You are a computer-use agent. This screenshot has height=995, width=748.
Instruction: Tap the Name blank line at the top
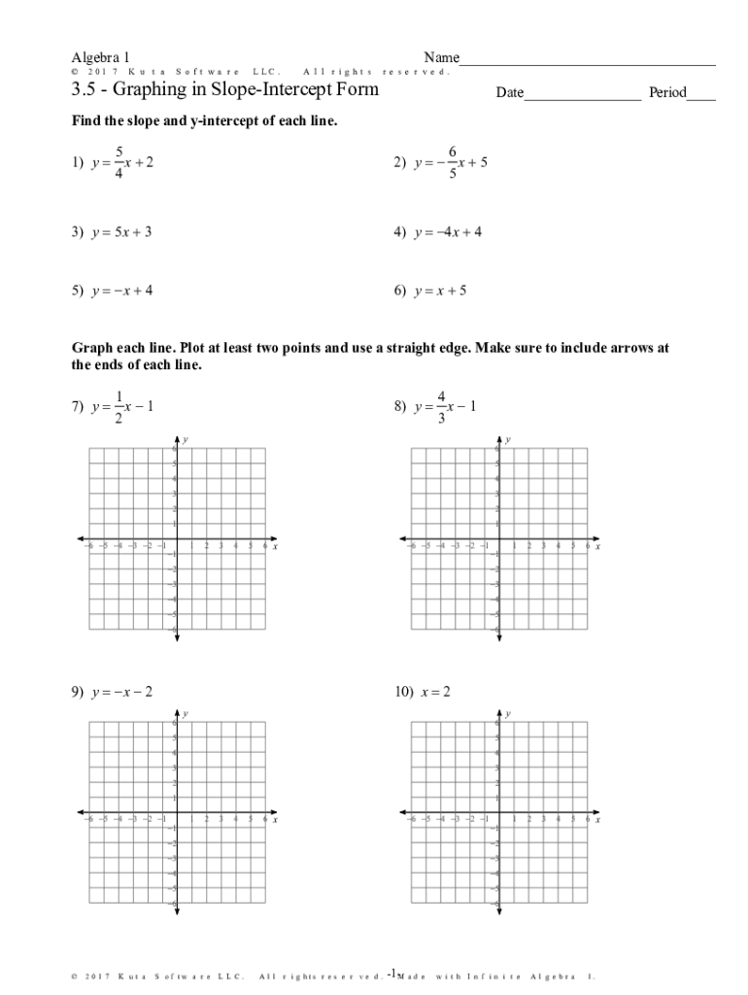click(587, 62)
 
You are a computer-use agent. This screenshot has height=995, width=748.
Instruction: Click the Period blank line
click(700, 97)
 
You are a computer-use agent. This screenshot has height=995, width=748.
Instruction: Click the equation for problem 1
click(122, 163)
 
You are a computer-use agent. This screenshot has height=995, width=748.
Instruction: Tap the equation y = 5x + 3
click(121, 233)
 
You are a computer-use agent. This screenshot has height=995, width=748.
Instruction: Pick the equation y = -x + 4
click(121, 291)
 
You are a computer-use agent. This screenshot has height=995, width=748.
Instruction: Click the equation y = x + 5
click(442, 291)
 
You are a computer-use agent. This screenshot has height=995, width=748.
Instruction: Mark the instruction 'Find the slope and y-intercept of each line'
click(204, 121)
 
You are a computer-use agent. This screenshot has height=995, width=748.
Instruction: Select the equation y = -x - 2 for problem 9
click(121, 693)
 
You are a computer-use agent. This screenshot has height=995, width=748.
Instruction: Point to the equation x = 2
click(435, 693)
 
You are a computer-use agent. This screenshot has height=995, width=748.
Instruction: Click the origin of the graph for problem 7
click(177, 538)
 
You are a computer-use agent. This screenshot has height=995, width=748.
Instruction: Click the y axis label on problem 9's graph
click(185, 714)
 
